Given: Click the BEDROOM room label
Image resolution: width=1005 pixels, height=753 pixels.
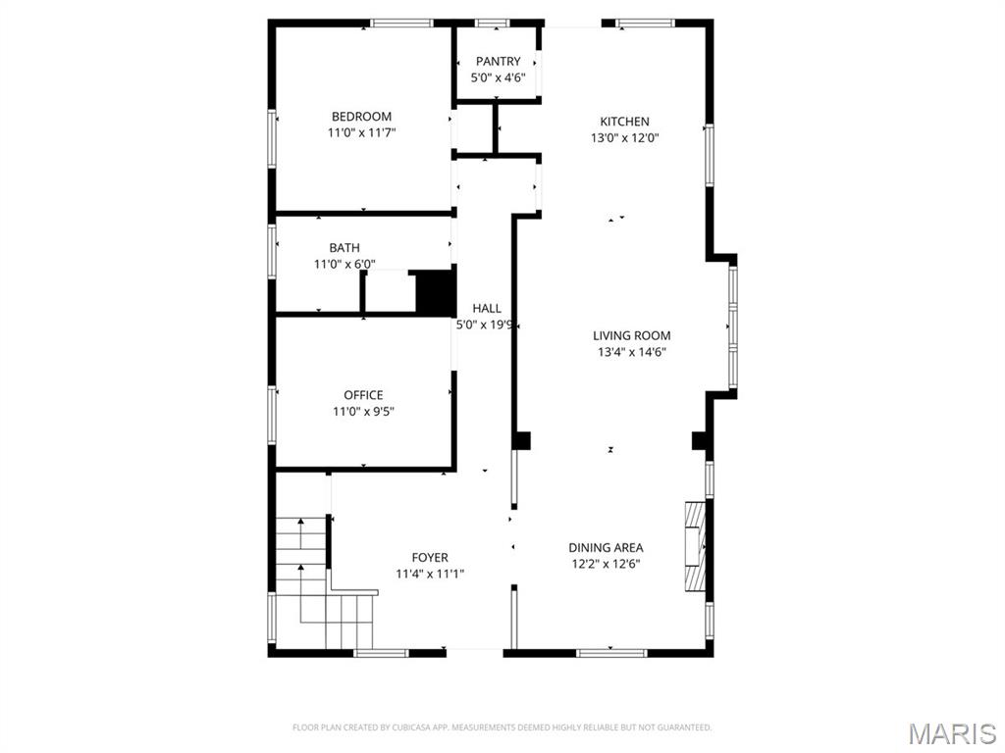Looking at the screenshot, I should [361, 117].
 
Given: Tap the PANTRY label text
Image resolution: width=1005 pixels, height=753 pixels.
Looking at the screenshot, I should [499, 62].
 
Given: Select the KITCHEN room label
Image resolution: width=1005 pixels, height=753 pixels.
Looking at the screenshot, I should [625, 122].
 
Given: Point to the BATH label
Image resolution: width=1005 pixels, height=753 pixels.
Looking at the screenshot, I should [344, 248].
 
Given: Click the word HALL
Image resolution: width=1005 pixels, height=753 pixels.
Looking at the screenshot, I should [487, 308].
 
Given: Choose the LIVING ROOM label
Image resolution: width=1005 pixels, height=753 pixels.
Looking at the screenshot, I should [631, 335].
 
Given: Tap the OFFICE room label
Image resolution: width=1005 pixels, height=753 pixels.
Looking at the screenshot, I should [363, 395].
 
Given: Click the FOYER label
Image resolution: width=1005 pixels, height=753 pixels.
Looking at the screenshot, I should [430, 558].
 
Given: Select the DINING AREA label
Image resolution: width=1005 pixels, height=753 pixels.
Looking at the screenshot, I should [607, 547].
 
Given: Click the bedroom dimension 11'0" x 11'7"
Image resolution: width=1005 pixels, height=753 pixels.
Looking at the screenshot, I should [361, 132].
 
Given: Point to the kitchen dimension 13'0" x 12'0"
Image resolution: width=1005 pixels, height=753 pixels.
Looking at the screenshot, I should [625, 137].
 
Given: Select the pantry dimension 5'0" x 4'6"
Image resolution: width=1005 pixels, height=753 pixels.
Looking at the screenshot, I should [499, 77].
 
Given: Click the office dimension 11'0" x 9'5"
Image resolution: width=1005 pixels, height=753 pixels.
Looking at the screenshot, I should [363, 411].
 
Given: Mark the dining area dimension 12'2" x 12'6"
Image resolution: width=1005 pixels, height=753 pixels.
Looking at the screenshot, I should [607, 563].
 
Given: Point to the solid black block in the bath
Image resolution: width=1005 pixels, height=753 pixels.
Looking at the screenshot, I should [436, 291].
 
